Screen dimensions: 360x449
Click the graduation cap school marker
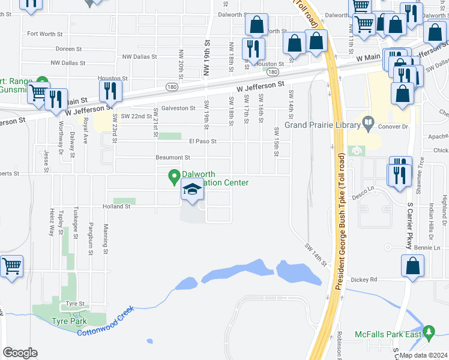pos(192,191)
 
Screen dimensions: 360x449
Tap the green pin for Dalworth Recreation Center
pos(175,177)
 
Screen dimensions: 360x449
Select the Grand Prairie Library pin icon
pos(369,125)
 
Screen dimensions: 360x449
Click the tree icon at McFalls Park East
pos(429,331)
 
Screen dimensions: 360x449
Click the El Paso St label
pos(202,142)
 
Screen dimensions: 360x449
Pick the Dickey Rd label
pos(364,279)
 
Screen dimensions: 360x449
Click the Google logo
pos(20,353)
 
